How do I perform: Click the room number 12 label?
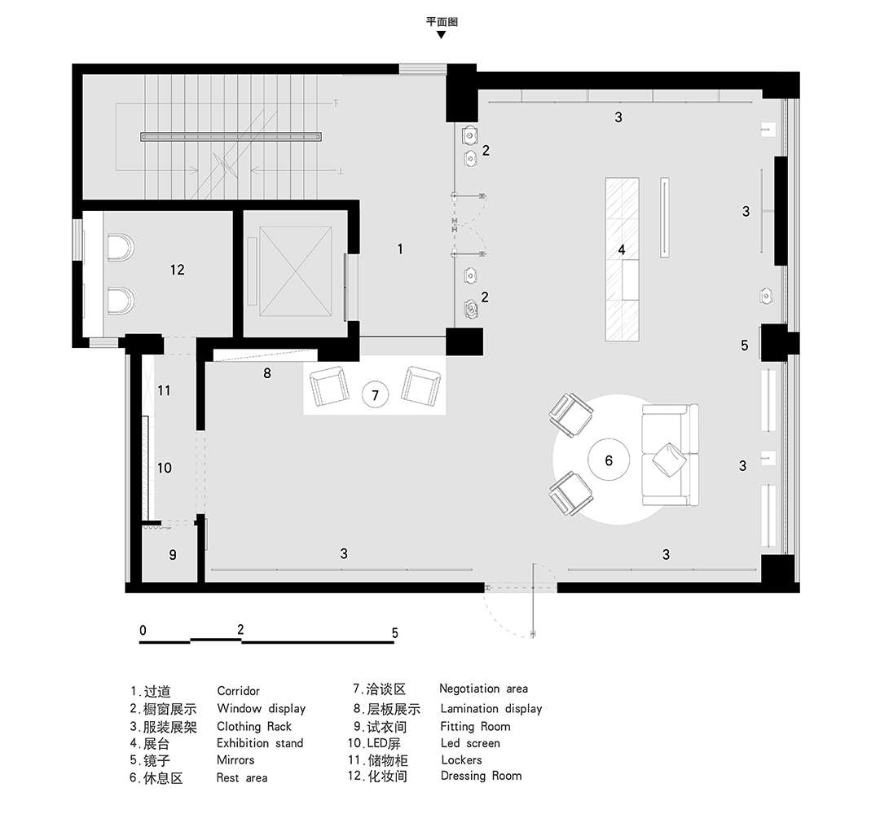pos(178,270)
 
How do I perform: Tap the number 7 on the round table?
pos(376,396)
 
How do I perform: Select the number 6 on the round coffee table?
pos(609,461)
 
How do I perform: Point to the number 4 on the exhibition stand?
pos(622,250)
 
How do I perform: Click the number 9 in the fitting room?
pos(173,555)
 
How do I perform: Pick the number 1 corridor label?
pos(400,249)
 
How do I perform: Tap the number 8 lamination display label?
pos(267,372)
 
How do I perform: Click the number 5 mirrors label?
pos(744,345)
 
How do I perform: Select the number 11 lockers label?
pos(164,390)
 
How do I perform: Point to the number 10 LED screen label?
pos(164,468)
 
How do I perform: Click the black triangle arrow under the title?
pos(442,35)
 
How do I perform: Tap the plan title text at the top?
pos(442,22)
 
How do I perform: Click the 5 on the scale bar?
pos(395,633)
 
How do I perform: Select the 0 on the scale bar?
pos(143,630)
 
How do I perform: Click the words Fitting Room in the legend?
pos(475,727)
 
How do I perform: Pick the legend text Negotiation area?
pos(483,689)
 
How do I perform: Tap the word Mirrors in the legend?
pos(235,760)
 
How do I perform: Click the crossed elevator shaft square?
pos(295,271)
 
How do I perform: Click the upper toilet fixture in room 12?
pos(120,249)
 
